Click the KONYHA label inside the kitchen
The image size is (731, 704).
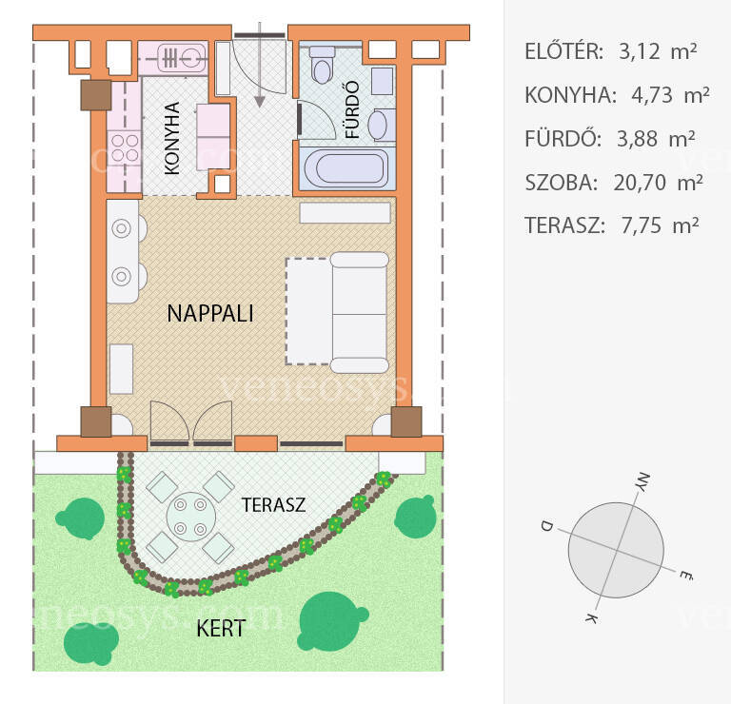click(x=172, y=138)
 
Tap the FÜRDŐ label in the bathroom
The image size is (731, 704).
click(x=353, y=110)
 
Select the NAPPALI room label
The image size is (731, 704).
click(x=210, y=314)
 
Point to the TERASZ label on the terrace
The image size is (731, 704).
click(x=274, y=504)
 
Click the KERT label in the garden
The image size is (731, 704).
click(x=221, y=629)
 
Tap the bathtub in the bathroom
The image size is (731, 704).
click(x=347, y=168)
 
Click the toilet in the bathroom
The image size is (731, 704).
click(x=322, y=65)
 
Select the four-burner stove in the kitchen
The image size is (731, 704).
click(x=125, y=147)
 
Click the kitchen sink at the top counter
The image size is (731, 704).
click(x=182, y=58)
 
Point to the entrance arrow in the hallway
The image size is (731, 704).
click(x=260, y=66)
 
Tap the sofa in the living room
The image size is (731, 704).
click(x=360, y=313)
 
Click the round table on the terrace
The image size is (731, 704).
click(x=191, y=517)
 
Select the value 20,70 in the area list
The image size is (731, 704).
click(x=640, y=183)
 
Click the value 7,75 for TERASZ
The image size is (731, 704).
click(x=641, y=225)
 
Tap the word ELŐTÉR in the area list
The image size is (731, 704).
click(x=564, y=50)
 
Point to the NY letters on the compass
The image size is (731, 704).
click(x=642, y=482)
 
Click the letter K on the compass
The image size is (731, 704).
click(x=591, y=618)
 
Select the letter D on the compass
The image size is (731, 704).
click(x=546, y=526)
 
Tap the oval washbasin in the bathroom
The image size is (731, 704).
click(x=377, y=125)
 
